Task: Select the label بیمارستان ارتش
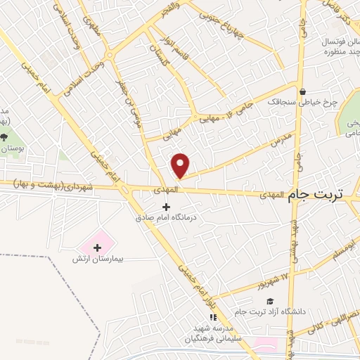(98, 259)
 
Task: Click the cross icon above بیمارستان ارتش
(97, 247)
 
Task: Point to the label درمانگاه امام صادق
(167, 217)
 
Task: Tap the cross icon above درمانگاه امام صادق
(166, 206)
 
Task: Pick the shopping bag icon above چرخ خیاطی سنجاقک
(302, 91)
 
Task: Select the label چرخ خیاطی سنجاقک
(297, 101)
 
